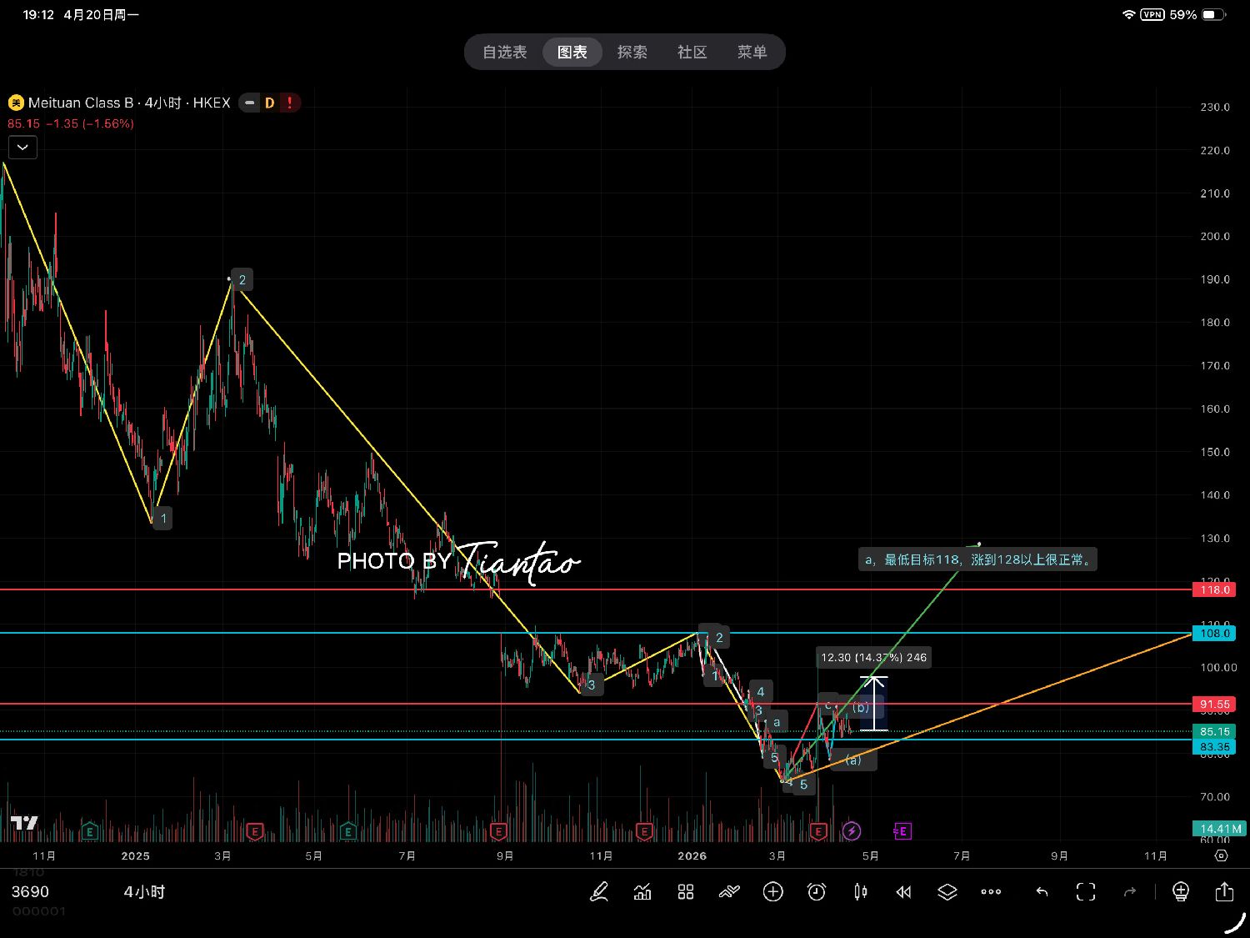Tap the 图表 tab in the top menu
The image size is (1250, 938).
572,53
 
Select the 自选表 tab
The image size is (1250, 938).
505,53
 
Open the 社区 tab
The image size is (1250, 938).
692,53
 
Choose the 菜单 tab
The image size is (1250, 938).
752,53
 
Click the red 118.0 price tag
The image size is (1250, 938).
1214,590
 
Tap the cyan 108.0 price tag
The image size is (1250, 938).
1214,634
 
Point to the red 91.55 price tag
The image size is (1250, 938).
1214,705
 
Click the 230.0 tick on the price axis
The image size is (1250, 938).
1215,108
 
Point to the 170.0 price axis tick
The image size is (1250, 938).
1215,366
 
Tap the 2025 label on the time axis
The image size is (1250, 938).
135,856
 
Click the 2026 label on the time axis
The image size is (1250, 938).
692,856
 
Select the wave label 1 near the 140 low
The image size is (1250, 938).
163,519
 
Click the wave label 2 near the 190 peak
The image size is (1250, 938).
242,280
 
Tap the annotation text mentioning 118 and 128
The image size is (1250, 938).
977,559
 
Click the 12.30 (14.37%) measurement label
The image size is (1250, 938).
873,658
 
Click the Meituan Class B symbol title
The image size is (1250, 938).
81,103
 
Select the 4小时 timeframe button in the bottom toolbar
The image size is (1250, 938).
144,892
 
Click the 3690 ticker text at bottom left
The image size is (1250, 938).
30,892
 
